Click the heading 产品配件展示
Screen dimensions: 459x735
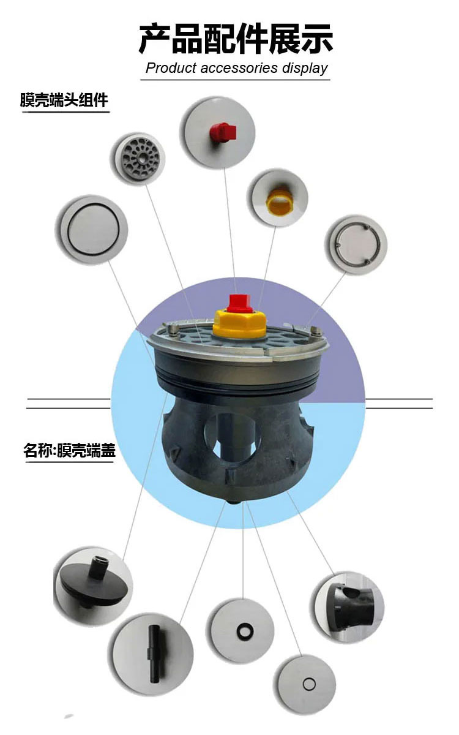236,39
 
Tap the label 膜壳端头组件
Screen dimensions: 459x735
64,100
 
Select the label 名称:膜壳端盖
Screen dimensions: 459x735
69,450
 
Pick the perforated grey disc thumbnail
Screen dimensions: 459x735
140,159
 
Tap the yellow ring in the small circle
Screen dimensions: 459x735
279,202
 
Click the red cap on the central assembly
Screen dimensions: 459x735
241,303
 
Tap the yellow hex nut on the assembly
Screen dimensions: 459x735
239,323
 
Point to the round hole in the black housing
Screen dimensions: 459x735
229,438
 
